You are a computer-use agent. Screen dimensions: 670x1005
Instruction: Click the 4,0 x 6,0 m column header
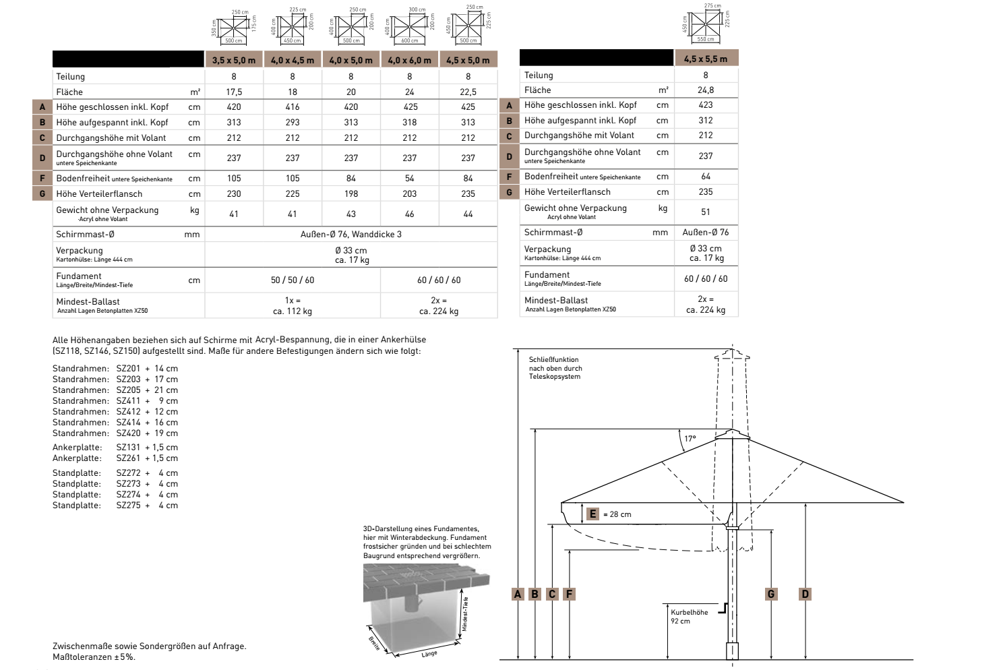pos(409,60)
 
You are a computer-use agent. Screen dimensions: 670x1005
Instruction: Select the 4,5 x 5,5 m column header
pos(705,59)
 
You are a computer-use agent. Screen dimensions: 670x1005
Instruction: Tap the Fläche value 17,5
pos(234,92)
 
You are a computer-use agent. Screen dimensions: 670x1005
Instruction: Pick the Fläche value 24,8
pos(706,90)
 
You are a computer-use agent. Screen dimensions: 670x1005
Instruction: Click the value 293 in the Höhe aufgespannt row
pos(293,122)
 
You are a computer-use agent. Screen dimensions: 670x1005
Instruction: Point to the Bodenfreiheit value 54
pos(410,178)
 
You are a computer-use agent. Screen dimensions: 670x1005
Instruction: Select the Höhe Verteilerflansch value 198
pos(351,193)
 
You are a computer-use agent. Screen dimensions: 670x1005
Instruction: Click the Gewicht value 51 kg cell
pos(706,212)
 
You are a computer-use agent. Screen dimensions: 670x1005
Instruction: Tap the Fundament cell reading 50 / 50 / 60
pos(293,280)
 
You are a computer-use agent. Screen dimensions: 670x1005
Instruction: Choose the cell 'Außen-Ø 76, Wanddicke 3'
pos(351,234)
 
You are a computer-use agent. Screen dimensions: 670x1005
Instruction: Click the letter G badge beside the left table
pos(42,193)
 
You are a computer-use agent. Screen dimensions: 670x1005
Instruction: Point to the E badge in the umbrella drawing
pos(593,514)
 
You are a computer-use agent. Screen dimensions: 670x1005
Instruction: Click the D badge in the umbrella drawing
pos(805,594)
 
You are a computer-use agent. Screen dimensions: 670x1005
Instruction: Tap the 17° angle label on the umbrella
pos(690,439)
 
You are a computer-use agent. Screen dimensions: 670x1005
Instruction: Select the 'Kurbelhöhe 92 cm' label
pos(689,617)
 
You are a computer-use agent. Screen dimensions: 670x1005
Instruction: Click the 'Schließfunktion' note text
pos(554,360)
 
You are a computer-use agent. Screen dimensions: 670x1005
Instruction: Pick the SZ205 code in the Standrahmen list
pos(128,390)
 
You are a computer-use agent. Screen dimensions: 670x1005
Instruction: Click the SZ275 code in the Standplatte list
pos(128,505)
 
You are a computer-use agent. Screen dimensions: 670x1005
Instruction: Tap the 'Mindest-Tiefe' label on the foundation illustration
pos(465,613)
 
